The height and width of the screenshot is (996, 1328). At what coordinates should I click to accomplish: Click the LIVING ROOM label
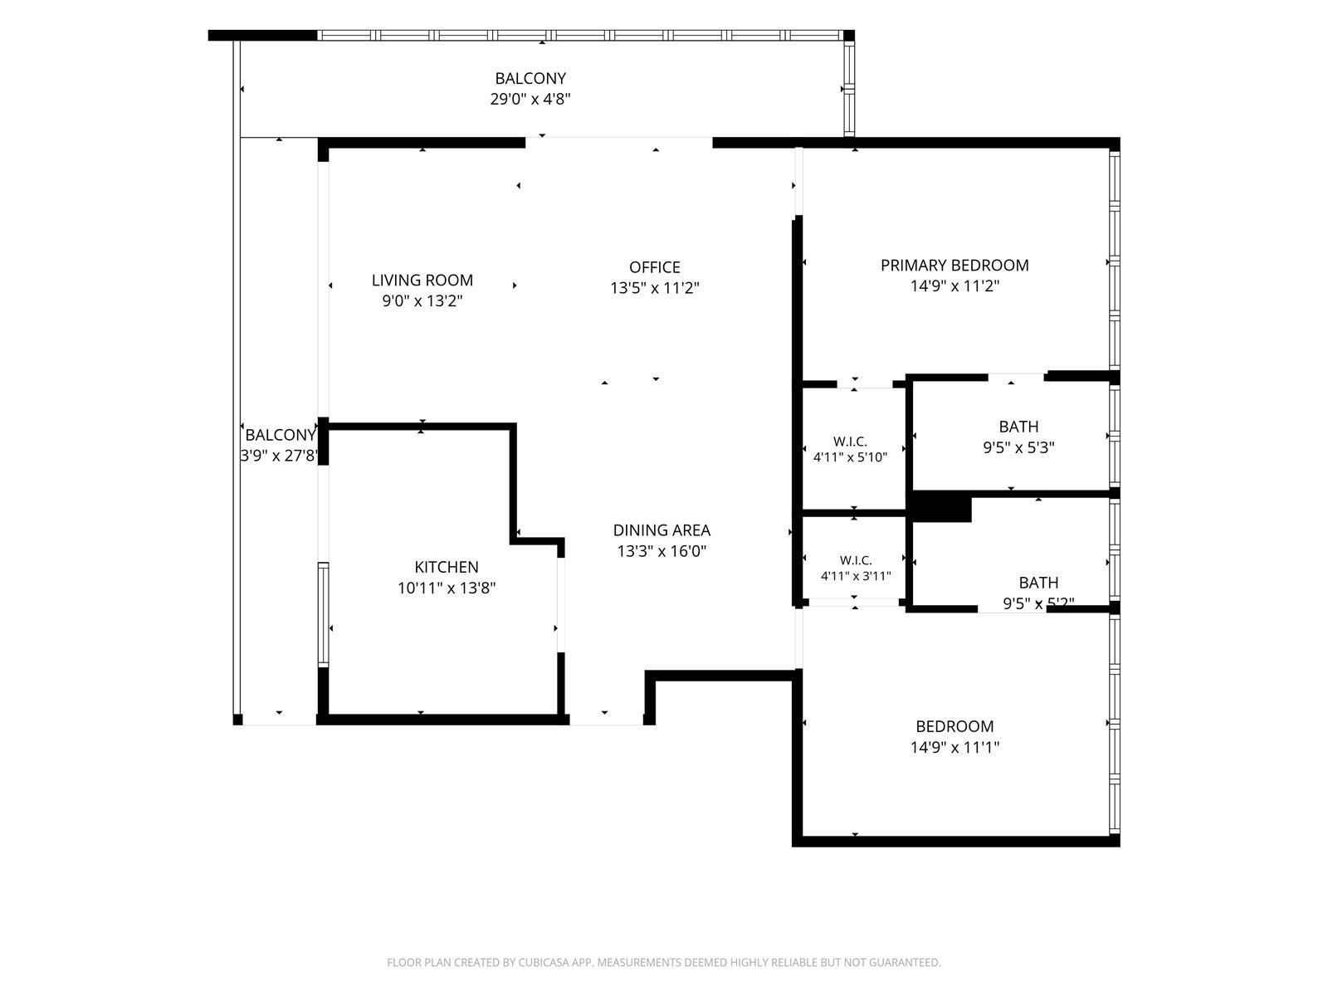point(422,280)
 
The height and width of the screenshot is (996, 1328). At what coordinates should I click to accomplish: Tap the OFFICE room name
point(654,267)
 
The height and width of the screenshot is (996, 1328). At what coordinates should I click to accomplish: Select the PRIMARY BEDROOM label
point(954,265)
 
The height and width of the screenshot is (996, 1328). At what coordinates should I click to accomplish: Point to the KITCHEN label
point(446,567)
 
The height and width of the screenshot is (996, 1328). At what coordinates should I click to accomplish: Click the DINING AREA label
point(662,530)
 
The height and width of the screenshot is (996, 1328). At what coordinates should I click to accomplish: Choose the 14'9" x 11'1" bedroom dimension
point(954,747)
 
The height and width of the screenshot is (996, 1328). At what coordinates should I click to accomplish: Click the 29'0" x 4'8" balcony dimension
point(530,99)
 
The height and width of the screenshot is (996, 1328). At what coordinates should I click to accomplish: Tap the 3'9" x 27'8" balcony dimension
point(279,456)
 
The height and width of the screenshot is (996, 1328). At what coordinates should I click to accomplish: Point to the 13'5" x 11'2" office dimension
point(654,288)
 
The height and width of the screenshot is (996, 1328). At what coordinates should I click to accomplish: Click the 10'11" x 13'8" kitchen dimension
point(446,587)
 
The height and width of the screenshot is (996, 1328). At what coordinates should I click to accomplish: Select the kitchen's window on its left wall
point(323,614)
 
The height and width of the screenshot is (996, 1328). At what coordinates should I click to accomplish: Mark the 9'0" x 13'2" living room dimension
point(422,300)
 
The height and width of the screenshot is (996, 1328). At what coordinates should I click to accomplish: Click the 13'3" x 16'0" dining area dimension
point(662,551)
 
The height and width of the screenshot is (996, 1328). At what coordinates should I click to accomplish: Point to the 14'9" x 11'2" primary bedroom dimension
point(954,286)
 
